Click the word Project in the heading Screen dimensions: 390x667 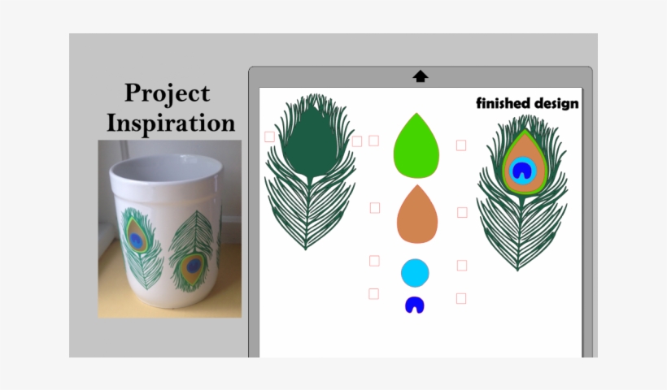167,94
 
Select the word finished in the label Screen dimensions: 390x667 500,103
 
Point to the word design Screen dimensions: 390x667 553,103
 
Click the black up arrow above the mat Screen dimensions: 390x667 420,76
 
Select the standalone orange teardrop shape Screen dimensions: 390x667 416,216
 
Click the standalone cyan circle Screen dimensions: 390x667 415,273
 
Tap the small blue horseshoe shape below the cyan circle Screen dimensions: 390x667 415,305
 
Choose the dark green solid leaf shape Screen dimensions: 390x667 310,142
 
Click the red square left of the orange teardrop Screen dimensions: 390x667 375,208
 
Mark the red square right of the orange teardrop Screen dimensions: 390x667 462,212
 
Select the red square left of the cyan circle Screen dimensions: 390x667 374,261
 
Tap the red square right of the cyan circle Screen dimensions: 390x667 462,265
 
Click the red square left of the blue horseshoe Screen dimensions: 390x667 373,293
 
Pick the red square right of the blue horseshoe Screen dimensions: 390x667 461,298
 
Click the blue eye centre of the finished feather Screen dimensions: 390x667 521,170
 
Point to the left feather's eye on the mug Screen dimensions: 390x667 137,240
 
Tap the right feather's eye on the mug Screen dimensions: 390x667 193,264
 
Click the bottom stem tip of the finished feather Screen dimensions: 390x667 518,269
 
